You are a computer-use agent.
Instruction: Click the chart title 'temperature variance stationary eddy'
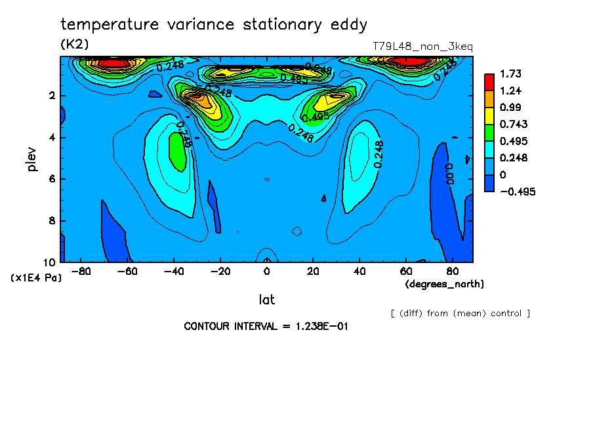[214, 25]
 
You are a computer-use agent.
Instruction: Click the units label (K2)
[74, 44]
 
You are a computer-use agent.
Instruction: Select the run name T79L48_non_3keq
[422, 47]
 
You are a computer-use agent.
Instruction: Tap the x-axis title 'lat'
[266, 300]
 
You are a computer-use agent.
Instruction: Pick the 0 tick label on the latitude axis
[266, 271]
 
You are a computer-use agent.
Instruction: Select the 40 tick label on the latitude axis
[359, 271]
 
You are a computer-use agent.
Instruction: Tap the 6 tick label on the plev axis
[52, 179]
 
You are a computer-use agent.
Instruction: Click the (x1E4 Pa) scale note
[37, 278]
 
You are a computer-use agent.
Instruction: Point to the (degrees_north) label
[445, 284]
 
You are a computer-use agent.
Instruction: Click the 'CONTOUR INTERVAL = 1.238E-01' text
[266, 326]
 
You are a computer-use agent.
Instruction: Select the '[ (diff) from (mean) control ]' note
[460, 313]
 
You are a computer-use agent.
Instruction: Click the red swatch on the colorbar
[489, 81]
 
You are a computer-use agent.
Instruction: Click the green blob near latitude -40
[176, 152]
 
